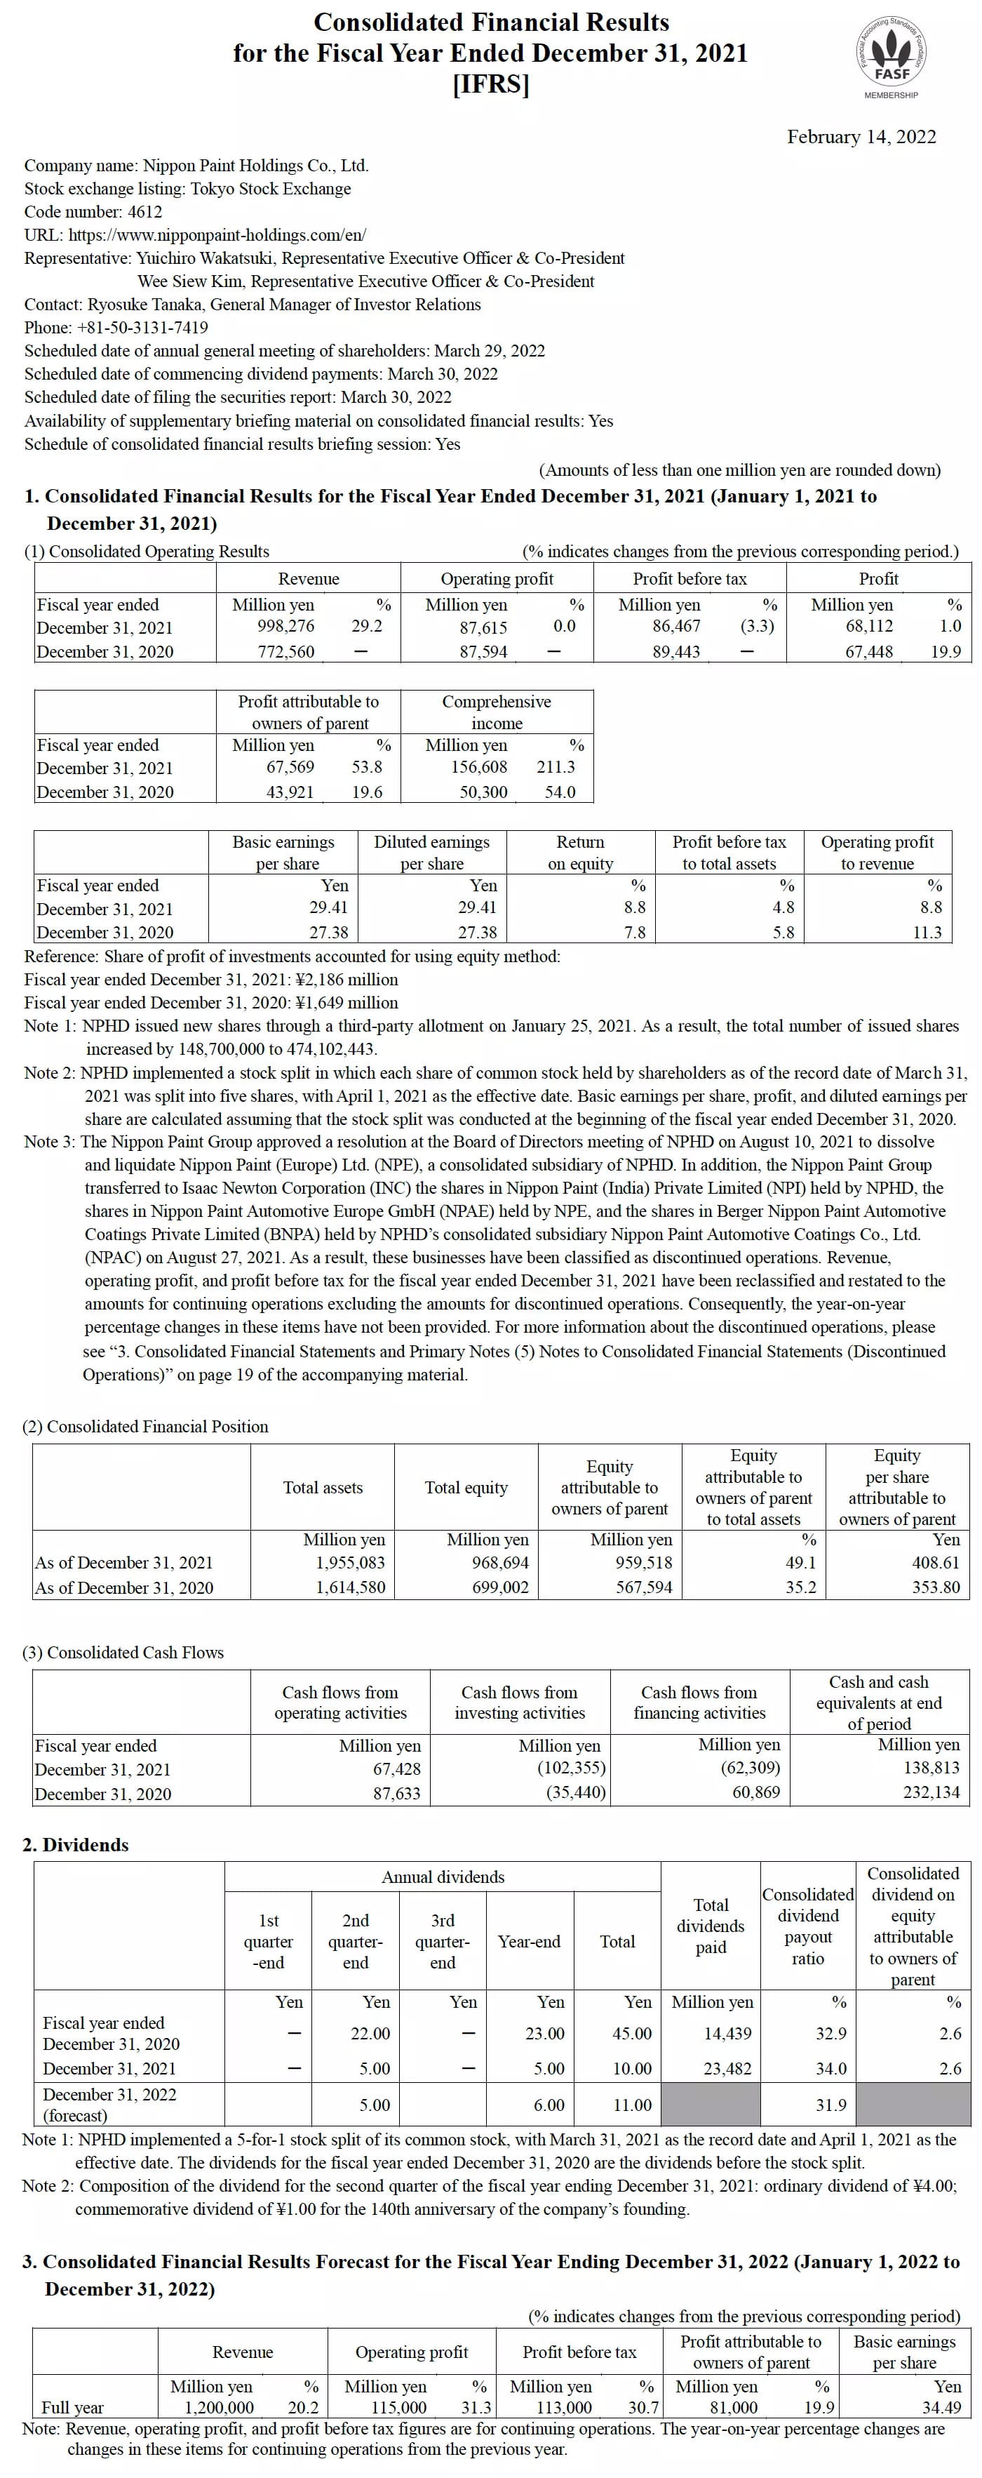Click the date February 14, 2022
pyautogui.click(x=861, y=137)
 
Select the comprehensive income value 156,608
pyautogui.click(x=479, y=766)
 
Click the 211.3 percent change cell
pyautogui.click(x=556, y=766)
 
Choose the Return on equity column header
pyautogui.click(x=580, y=852)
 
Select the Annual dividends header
pyautogui.click(x=443, y=1877)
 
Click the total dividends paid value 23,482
pyautogui.click(x=727, y=2068)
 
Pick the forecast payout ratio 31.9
pyautogui.click(x=831, y=2105)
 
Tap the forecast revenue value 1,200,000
pyautogui.click(x=220, y=2407)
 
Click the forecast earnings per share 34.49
pyautogui.click(x=941, y=2407)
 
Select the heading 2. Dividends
pyautogui.click(x=75, y=1844)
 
